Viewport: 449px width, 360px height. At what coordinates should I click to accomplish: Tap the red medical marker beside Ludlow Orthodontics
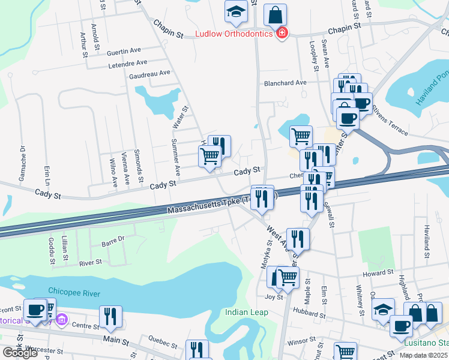tap(281, 32)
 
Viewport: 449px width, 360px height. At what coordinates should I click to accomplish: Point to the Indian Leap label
tap(244, 312)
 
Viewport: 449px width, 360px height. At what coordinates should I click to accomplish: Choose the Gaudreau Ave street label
tap(149, 74)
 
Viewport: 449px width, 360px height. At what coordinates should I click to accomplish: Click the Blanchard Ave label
tap(285, 83)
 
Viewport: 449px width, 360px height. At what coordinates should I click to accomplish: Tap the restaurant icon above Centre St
tap(110, 316)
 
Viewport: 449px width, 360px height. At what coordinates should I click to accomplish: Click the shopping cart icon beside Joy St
tap(288, 277)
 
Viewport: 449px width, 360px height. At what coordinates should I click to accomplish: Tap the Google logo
tap(20, 353)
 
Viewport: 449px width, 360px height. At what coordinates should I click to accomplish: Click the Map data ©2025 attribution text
tap(424, 355)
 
